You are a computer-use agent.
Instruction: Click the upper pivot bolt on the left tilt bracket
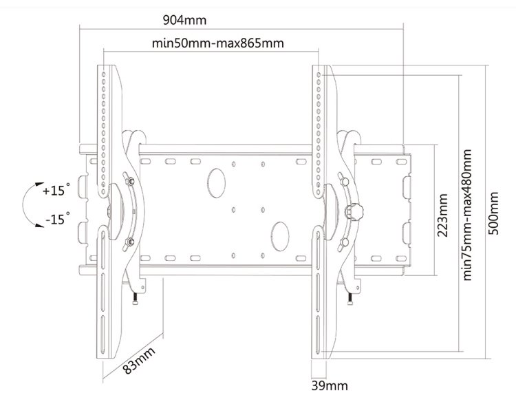pyautogui.click(x=130, y=180)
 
